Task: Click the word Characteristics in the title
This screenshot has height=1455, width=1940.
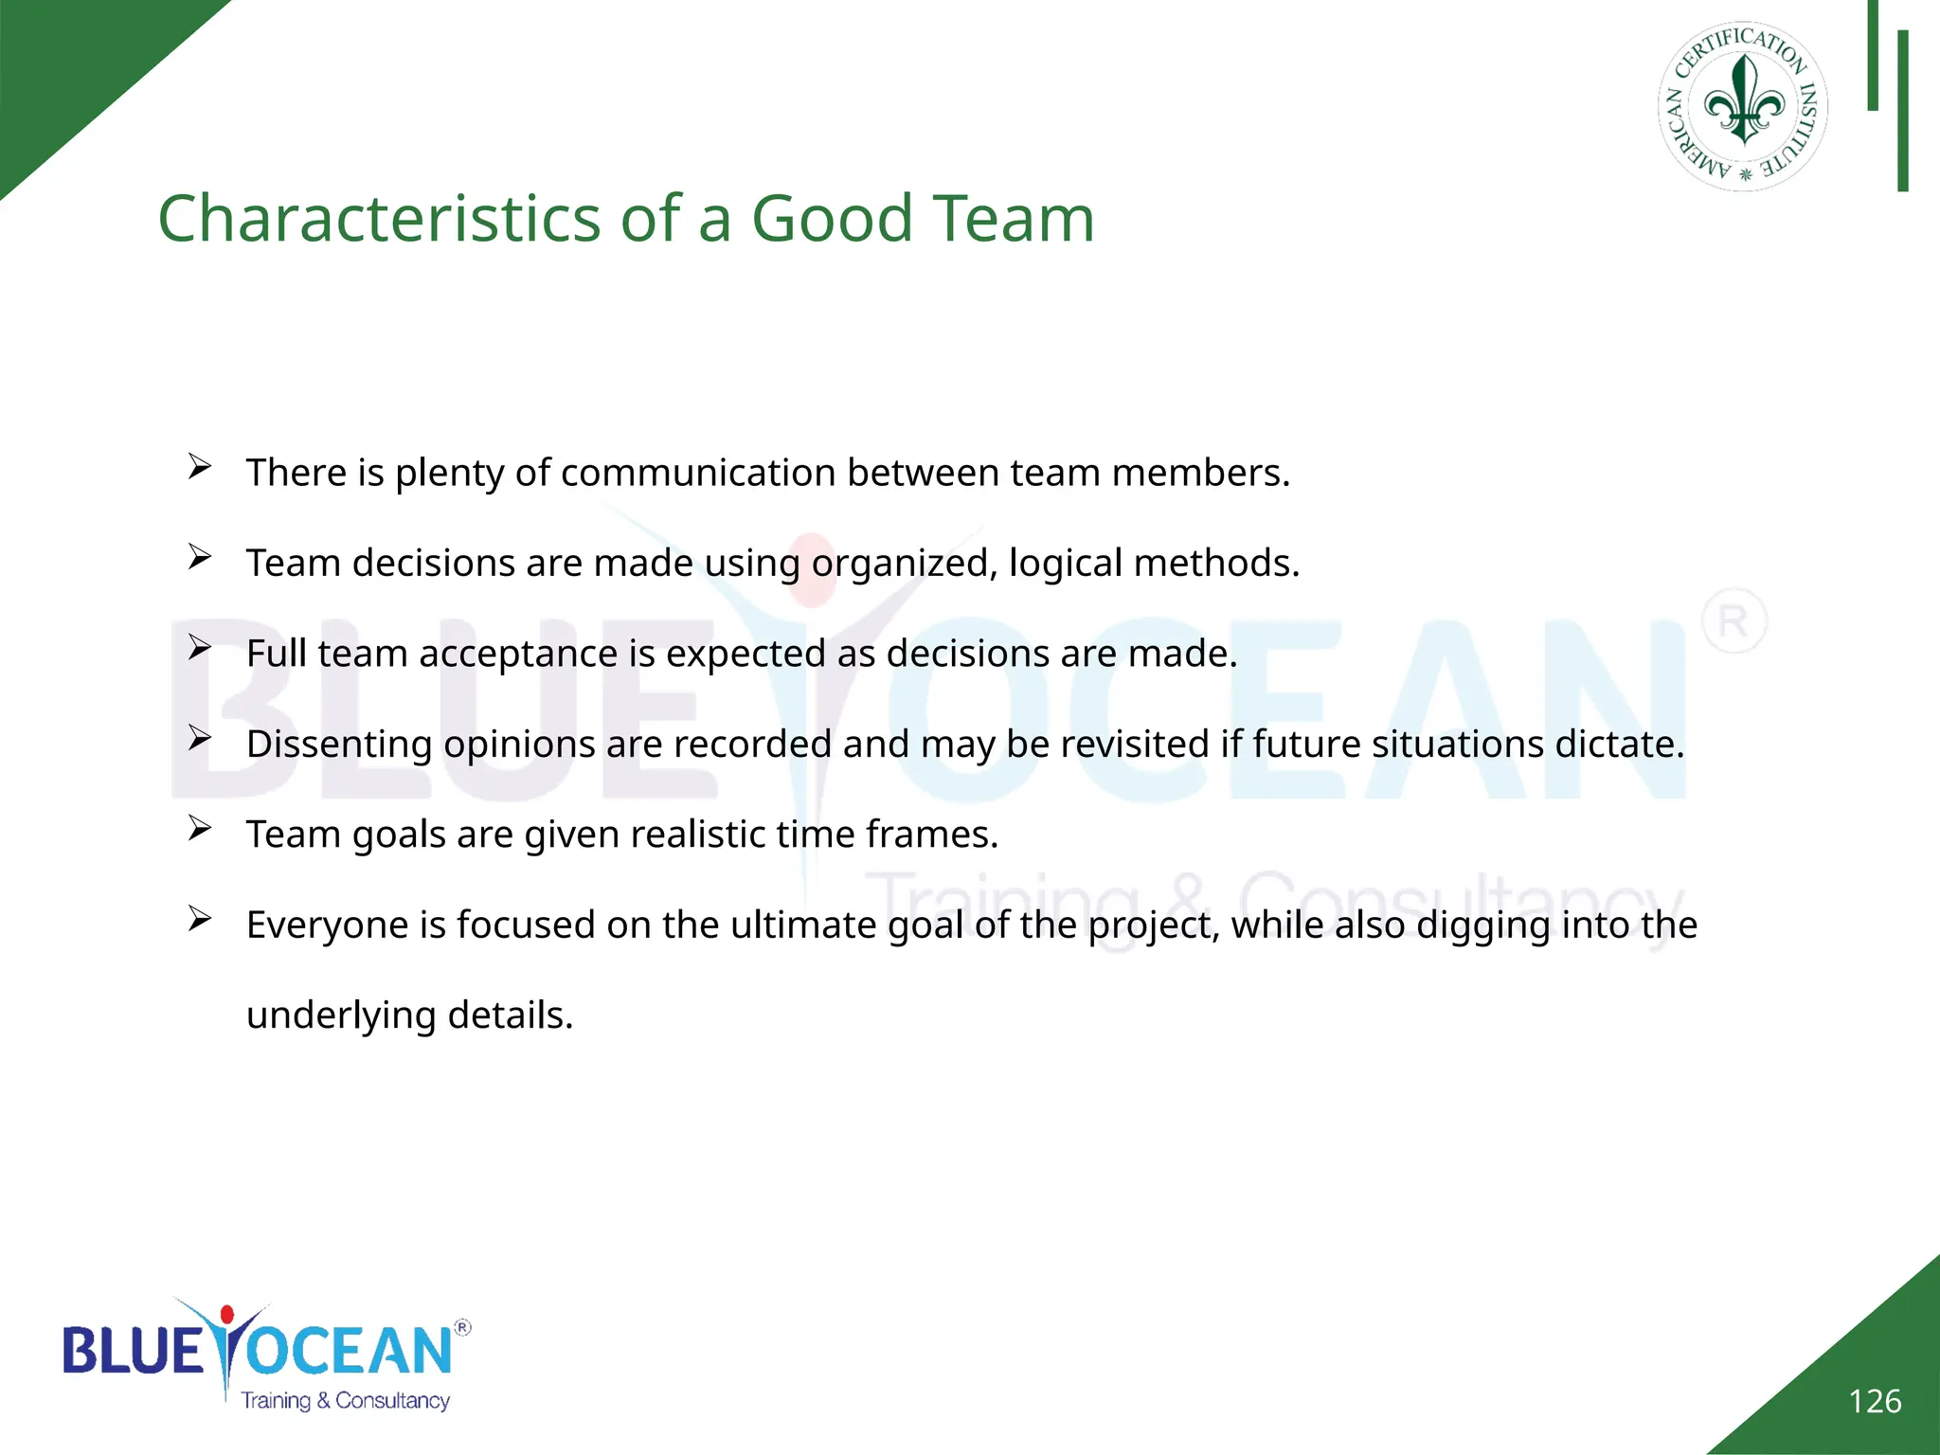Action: [x=379, y=219]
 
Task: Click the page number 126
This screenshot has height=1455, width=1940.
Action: [x=1875, y=1401]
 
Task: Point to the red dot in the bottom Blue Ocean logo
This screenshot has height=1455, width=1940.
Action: [x=226, y=1315]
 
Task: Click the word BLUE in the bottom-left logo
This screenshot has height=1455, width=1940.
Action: [x=133, y=1351]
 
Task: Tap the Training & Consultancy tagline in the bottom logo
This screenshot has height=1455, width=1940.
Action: [x=345, y=1401]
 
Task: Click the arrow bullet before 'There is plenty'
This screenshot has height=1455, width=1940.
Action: [x=199, y=466]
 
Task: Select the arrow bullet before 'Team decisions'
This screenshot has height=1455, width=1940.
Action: [x=199, y=557]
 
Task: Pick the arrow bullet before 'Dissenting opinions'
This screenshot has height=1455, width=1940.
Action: [x=199, y=738]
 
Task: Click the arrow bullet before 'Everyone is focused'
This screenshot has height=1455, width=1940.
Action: [x=199, y=919]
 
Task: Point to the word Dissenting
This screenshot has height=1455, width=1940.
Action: [x=339, y=745]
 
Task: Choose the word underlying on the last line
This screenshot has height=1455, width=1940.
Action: [x=341, y=1015]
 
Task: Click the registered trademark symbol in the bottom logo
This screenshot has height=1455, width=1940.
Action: [x=462, y=1327]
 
